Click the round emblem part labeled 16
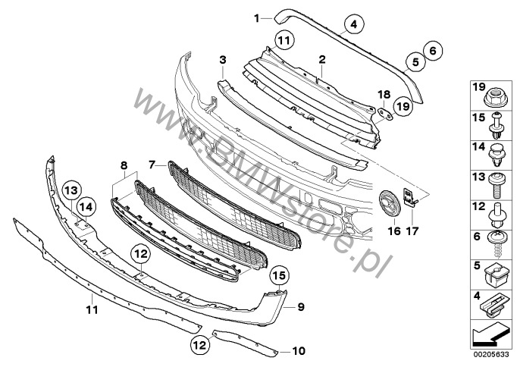390,205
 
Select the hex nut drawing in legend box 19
496,97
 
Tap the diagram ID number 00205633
491,355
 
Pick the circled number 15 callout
279,275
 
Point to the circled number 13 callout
71,190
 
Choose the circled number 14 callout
86,207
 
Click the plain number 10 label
299,351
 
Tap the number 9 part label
301,307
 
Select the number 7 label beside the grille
152,165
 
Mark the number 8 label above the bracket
124,165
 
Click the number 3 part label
223,60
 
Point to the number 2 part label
322,60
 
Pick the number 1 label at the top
257,18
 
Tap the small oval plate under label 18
385,114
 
